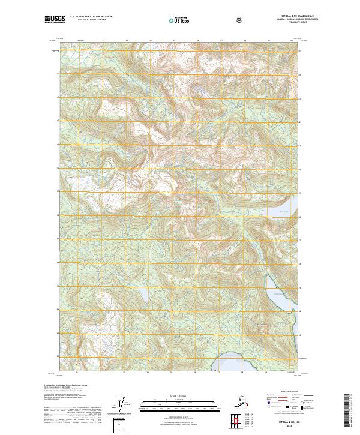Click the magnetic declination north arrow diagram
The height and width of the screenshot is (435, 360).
[124, 404]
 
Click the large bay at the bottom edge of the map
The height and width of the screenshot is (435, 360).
[240, 362]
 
